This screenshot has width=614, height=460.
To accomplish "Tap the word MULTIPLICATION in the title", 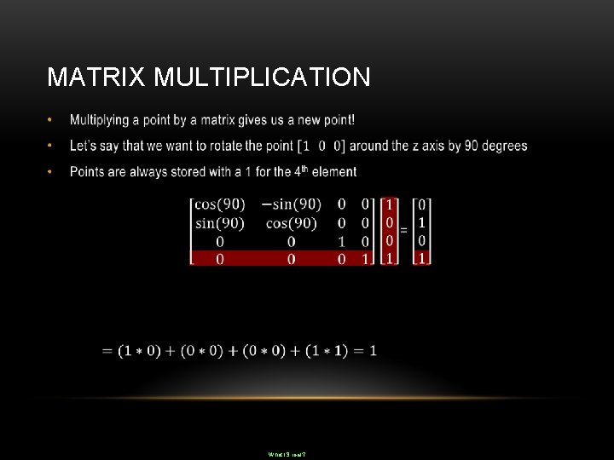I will [263, 78].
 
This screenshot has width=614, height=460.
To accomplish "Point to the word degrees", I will [504, 146].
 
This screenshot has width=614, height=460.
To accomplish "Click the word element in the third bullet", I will [334, 172].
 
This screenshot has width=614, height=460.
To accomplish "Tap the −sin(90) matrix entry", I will [291, 204].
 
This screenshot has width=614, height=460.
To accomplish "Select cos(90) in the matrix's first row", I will [219, 204].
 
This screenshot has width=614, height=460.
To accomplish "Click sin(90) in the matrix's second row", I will [219, 223].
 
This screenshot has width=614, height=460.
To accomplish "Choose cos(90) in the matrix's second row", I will [291, 223].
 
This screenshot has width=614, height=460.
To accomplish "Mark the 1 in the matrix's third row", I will [341, 241].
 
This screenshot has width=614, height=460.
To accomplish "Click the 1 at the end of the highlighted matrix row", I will [365, 258].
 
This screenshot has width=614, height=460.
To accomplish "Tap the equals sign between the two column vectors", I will [403, 231].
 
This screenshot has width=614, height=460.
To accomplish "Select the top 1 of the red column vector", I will [390, 204].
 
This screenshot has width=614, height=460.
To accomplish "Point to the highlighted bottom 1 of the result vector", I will [421, 258].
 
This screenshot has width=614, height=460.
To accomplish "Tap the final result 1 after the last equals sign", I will [373, 350].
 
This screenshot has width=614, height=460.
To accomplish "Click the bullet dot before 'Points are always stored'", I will [51, 172].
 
